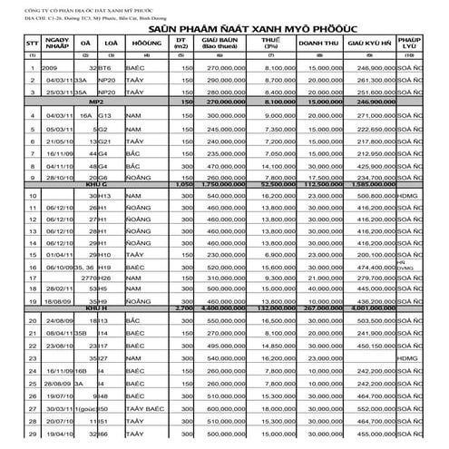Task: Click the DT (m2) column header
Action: (x=182, y=44)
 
